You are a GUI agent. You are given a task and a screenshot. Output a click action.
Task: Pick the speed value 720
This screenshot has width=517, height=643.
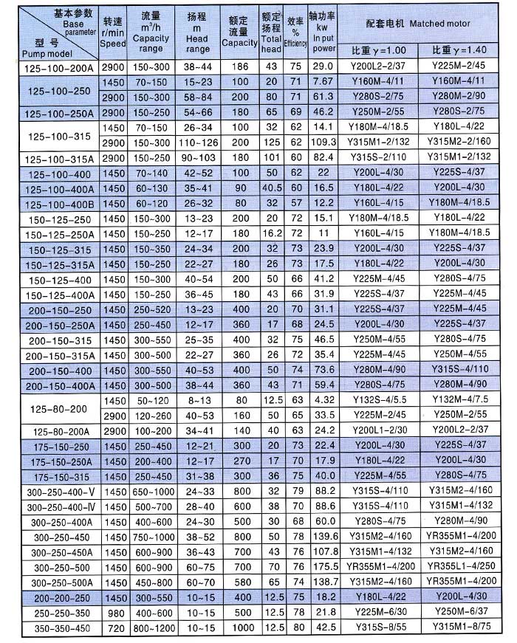[114, 628]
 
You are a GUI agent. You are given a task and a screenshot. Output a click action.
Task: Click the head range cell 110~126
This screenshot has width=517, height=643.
[199, 142]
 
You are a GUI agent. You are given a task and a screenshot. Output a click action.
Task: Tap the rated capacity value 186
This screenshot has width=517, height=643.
[240, 66]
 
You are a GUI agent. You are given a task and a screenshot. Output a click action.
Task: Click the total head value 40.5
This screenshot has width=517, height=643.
[271, 188]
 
